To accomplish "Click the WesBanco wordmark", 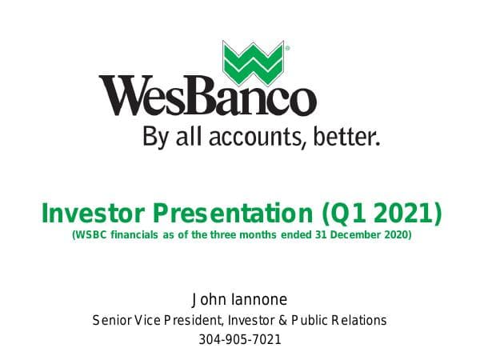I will tap(207, 96).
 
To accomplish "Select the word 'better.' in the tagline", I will tap(345, 137).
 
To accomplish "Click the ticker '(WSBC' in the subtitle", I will tap(90, 236).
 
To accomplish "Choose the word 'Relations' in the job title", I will tap(361, 320).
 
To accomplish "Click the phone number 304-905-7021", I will tap(240, 339).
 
